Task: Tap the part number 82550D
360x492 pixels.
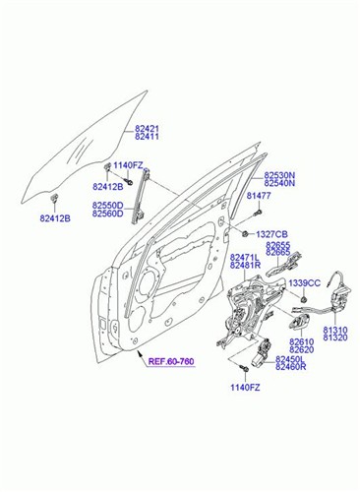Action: click(x=108, y=206)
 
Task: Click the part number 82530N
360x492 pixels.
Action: click(x=279, y=173)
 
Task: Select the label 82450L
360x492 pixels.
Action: click(x=291, y=359)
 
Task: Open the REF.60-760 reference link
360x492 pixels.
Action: click(x=169, y=363)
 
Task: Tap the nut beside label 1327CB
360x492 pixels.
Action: click(x=244, y=234)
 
